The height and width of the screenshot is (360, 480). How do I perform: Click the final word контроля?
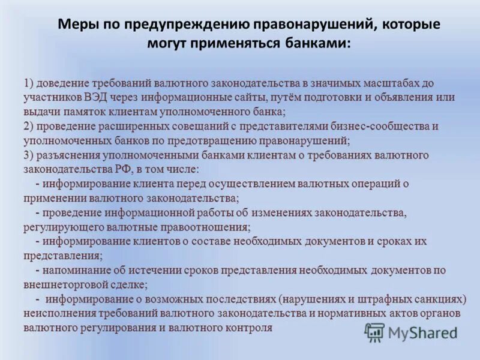pyautogui.click(x=248, y=328)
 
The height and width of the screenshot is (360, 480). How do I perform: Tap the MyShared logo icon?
pyautogui.click(x=374, y=332)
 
